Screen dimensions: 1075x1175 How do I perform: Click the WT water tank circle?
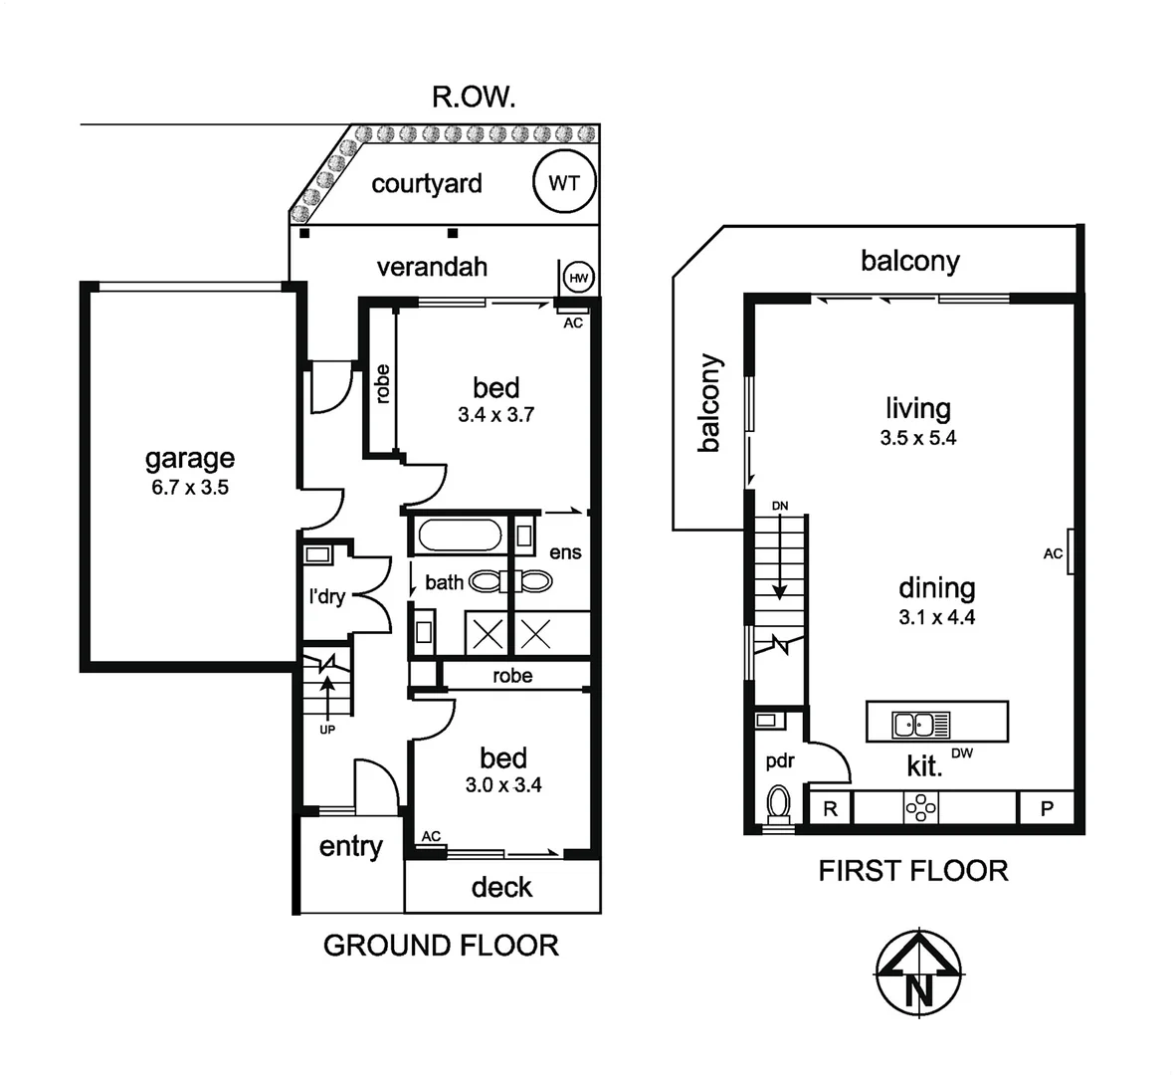(564, 183)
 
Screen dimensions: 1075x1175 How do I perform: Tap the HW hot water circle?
(578, 277)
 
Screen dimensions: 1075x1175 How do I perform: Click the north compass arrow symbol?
(918, 975)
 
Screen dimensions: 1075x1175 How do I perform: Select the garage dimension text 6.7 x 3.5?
(189, 488)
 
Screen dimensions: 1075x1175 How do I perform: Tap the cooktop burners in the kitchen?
(920, 807)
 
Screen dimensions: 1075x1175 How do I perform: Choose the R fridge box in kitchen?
(830, 808)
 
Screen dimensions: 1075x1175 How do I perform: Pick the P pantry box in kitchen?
(1046, 808)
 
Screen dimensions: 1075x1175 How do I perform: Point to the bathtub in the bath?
(459, 536)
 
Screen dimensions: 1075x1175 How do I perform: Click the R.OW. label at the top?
(473, 97)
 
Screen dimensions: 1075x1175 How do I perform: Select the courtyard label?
(427, 183)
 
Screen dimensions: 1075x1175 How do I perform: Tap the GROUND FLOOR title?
(441, 945)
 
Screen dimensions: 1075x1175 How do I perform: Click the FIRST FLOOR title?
(912, 871)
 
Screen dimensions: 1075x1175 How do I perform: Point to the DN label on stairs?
(780, 507)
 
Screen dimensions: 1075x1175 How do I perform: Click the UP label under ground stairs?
(327, 730)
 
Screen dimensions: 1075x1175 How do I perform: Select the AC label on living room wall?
(1053, 553)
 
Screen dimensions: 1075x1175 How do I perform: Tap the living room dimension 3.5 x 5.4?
(917, 438)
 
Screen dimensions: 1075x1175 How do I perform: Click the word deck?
(501, 887)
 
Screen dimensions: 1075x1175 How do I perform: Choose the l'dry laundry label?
(326, 596)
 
